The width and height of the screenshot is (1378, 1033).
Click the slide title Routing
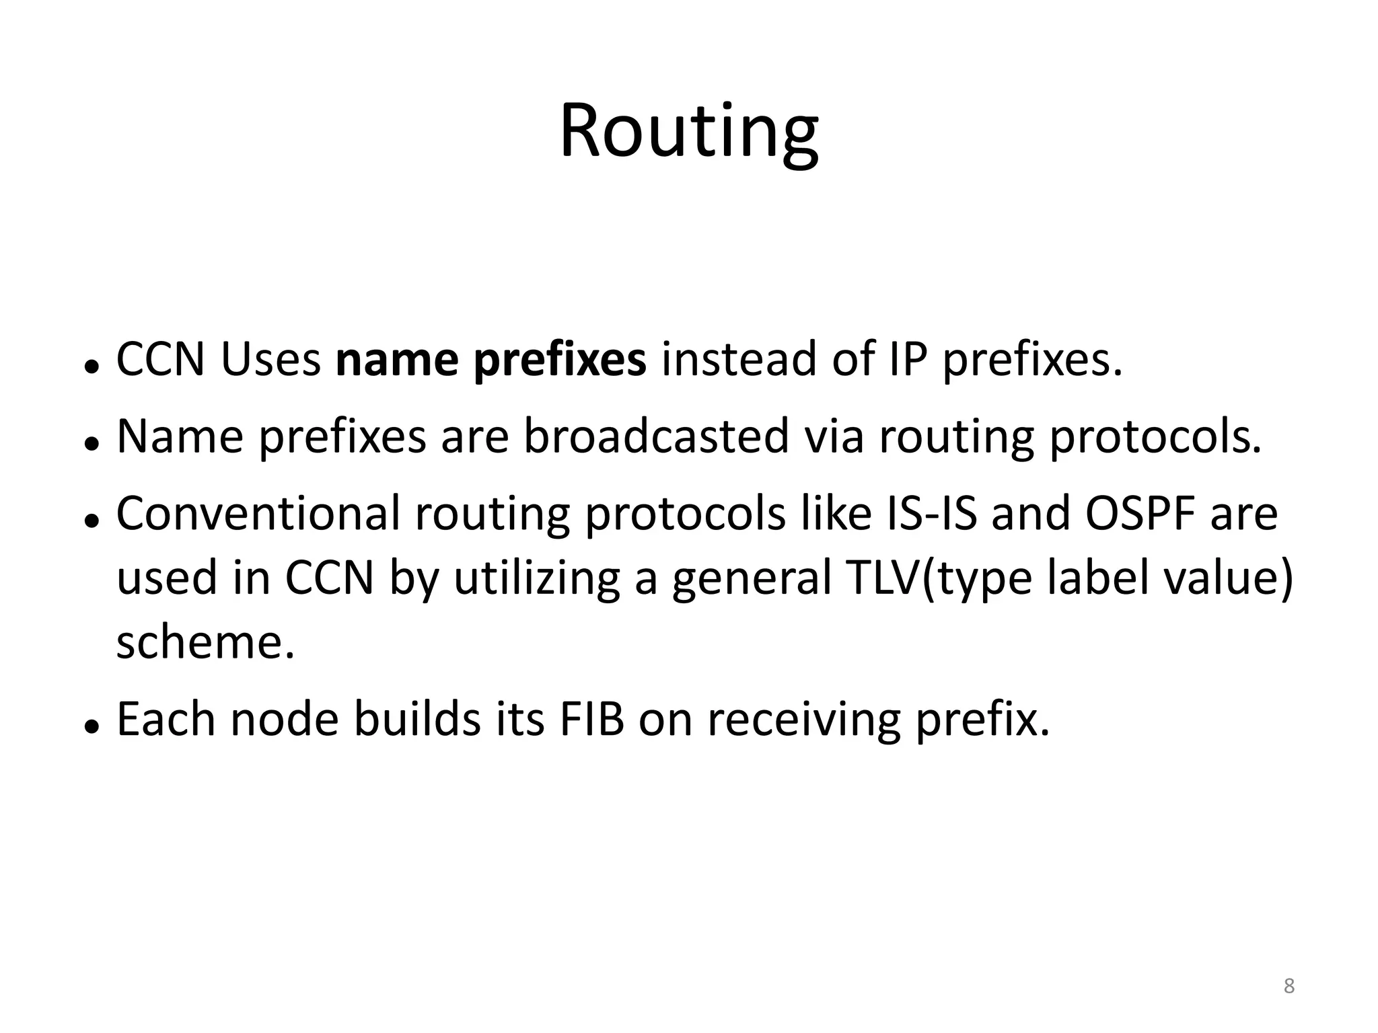[x=688, y=131]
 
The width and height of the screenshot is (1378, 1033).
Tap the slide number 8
[x=1289, y=986]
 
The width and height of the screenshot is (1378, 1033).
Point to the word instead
[x=738, y=360]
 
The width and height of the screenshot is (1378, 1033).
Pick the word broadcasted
[x=656, y=436]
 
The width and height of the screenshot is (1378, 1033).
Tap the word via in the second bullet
[x=834, y=436]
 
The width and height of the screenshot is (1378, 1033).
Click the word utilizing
[x=536, y=579]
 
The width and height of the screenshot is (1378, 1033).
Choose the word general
[x=752, y=579]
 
